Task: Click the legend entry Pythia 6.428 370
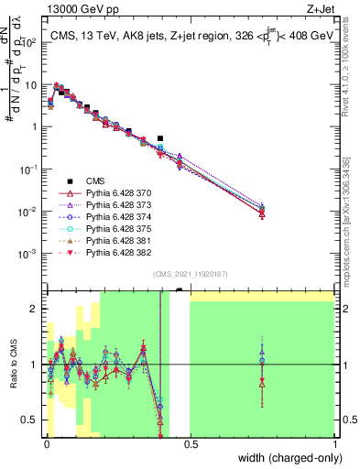click(x=107, y=195)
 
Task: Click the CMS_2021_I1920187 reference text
click(x=191, y=274)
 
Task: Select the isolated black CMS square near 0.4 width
click(x=160, y=138)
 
